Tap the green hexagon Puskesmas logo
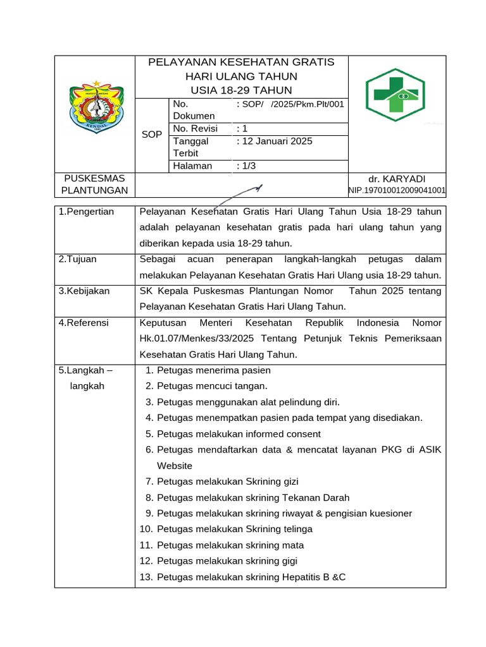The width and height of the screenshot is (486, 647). [397, 95]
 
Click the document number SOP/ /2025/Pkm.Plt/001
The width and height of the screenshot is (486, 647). [290, 104]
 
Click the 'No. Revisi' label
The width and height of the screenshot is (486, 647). [195, 129]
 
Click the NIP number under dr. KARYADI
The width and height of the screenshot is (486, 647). [397, 190]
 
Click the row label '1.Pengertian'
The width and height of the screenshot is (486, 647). [86, 212]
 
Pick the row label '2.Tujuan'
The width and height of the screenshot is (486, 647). [78, 259]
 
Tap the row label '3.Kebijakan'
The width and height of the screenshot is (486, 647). [84, 291]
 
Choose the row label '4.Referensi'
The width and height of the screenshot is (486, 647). [84, 323]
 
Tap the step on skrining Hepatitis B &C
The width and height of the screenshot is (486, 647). [251, 577]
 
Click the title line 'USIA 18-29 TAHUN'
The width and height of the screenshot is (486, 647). [241, 90]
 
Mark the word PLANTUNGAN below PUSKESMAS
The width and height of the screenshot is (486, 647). [94, 190]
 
